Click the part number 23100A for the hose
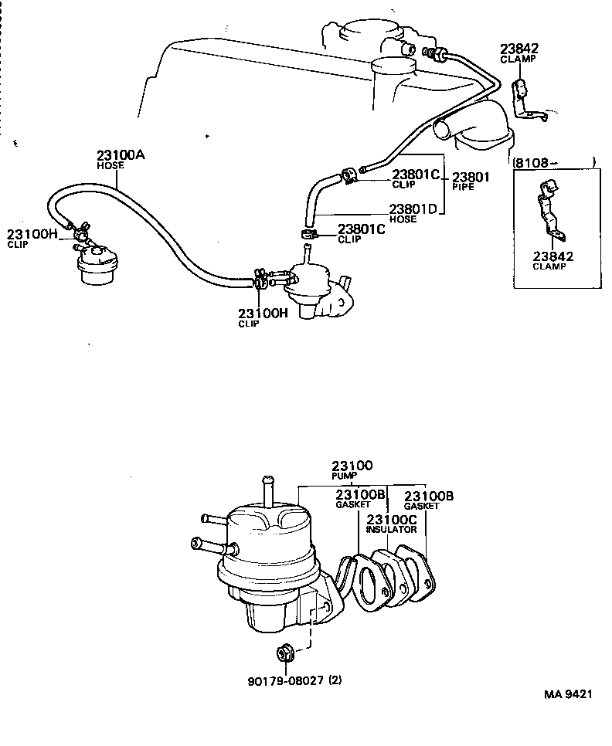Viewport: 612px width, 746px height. (x=121, y=154)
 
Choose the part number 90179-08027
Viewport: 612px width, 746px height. (x=285, y=680)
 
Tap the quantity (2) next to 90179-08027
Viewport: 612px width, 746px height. (x=335, y=680)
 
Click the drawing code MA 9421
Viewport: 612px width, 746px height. (x=568, y=694)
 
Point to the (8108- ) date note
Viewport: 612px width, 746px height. (x=554, y=162)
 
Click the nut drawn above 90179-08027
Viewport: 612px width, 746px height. (x=284, y=654)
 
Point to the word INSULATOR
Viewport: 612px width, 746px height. (x=391, y=530)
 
